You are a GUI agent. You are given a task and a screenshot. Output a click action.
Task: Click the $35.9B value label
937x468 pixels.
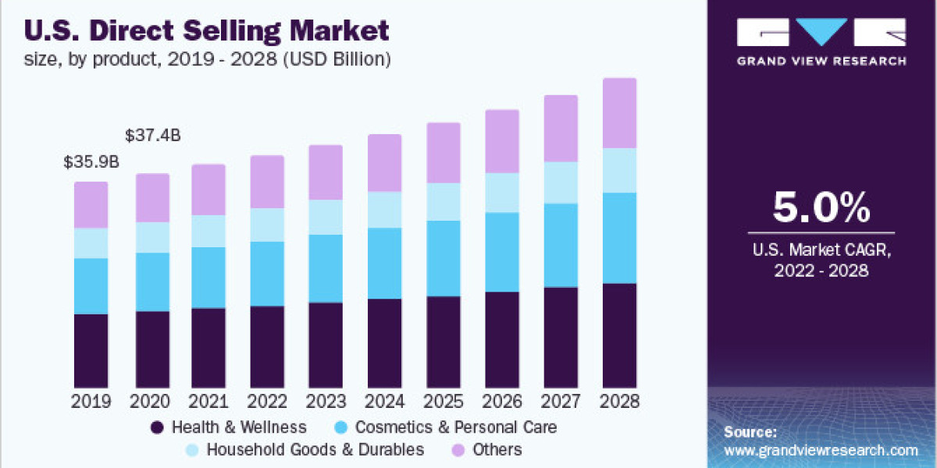[x=91, y=163]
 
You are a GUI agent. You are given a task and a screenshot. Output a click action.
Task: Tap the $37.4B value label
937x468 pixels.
[x=152, y=136]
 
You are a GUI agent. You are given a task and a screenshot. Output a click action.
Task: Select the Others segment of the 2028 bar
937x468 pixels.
[x=619, y=113]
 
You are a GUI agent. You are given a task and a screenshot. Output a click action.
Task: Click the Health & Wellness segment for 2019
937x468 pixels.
[x=91, y=351]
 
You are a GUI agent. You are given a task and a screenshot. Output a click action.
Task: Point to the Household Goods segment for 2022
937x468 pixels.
[x=267, y=225]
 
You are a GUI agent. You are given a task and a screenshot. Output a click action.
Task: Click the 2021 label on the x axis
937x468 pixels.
[x=208, y=402]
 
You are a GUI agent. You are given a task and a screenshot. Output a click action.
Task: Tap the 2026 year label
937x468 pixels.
[x=502, y=402]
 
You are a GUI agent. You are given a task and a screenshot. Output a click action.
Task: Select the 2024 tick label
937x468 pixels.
[x=384, y=402]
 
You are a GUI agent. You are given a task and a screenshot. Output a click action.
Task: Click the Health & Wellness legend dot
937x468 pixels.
[x=157, y=427]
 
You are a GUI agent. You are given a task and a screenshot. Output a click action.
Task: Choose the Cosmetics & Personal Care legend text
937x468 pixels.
[x=455, y=427]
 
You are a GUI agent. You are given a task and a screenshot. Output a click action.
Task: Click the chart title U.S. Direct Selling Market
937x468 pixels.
[x=207, y=32]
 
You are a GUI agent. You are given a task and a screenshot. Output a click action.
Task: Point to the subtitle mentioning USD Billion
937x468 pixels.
[x=208, y=58]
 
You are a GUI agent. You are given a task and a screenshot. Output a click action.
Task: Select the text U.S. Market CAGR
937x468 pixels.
[x=821, y=250]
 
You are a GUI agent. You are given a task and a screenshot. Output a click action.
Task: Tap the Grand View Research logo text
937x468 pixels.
[x=821, y=61]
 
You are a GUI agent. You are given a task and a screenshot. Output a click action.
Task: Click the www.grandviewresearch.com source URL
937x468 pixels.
[x=821, y=450]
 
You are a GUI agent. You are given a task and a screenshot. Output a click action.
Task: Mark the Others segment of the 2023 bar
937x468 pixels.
[x=326, y=172]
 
